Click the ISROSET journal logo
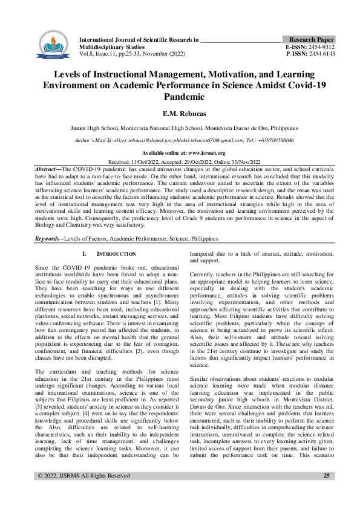point(50,46)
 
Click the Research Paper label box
point(311,39)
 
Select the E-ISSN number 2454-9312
point(321,46)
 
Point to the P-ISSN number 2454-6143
point(321,53)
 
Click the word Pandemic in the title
point(180,96)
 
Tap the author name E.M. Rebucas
point(180,113)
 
